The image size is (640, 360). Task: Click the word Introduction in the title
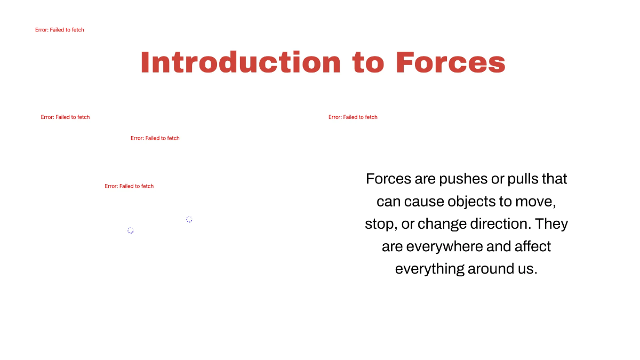pos(241,62)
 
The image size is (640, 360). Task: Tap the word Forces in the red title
pos(451,62)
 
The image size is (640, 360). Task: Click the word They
pos(551,224)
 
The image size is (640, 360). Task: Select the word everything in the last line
pos(429,269)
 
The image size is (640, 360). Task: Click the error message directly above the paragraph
pos(353,117)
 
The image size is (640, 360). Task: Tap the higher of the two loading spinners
pos(189,219)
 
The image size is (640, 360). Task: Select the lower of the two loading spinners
pos(131,230)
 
